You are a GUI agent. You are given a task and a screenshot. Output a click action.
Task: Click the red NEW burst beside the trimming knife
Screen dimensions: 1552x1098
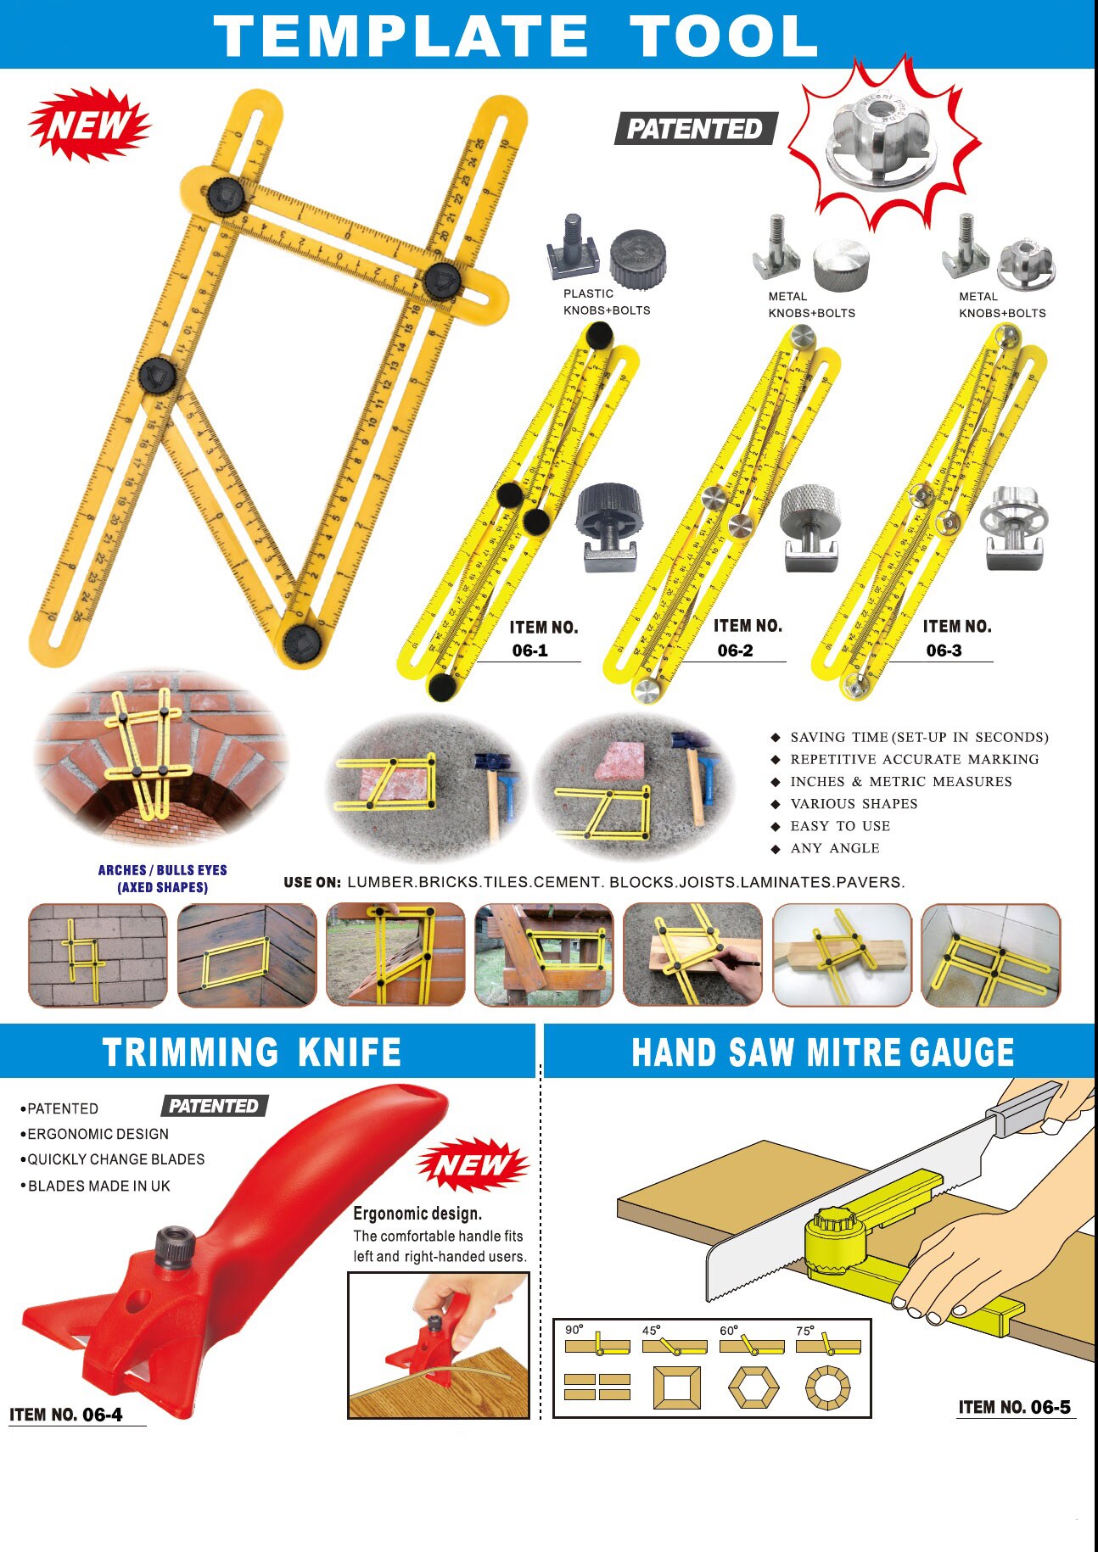click(x=472, y=1165)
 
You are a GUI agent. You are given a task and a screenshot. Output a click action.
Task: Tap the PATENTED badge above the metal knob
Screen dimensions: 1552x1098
click(x=695, y=129)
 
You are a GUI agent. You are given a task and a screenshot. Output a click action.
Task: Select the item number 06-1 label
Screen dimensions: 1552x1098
click(x=543, y=639)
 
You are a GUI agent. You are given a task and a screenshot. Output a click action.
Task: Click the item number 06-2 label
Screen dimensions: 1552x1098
click(x=747, y=638)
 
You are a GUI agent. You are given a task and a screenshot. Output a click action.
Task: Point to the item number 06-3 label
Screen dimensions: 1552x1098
click(x=956, y=639)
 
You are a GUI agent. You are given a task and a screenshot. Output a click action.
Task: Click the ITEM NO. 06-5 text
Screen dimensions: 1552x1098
click(x=1014, y=1407)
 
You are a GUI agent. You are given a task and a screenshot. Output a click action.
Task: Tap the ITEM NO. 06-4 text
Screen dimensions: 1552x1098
click(x=66, y=1415)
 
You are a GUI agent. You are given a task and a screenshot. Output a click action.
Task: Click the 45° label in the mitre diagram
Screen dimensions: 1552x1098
click(x=651, y=1331)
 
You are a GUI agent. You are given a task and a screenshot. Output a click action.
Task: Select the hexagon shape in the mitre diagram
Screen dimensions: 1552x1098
click(x=753, y=1387)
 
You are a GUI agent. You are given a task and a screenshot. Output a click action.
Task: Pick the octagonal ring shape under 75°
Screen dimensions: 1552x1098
click(x=827, y=1387)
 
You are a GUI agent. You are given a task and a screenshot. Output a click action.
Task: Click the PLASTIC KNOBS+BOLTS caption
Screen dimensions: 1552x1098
click(x=606, y=302)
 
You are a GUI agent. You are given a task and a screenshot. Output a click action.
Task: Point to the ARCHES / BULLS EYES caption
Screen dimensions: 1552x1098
click(x=162, y=879)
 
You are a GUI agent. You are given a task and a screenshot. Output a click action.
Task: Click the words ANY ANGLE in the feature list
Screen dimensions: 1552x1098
click(x=834, y=848)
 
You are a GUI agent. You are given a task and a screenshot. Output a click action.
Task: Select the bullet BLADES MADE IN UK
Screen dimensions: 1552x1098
click(x=98, y=1186)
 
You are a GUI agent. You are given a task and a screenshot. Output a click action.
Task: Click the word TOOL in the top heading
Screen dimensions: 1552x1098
click(x=723, y=36)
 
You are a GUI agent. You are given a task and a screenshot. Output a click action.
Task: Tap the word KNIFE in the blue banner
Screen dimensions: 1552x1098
click(x=349, y=1052)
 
